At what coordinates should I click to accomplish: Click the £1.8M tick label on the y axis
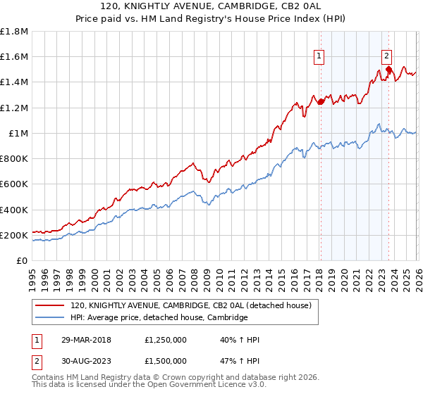tap(15, 32)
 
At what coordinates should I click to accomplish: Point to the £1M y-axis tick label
tap(19, 134)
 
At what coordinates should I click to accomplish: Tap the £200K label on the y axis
tap(15, 235)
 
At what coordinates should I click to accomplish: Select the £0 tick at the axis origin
tap(23, 261)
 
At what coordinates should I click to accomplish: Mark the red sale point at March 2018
tap(320, 102)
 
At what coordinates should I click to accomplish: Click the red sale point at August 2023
tap(388, 70)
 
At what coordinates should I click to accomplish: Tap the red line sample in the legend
tap(51, 305)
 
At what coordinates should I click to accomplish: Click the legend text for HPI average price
tap(159, 318)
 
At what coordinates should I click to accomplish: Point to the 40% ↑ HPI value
tap(240, 340)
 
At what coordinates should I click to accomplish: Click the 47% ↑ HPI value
tap(240, 360)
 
